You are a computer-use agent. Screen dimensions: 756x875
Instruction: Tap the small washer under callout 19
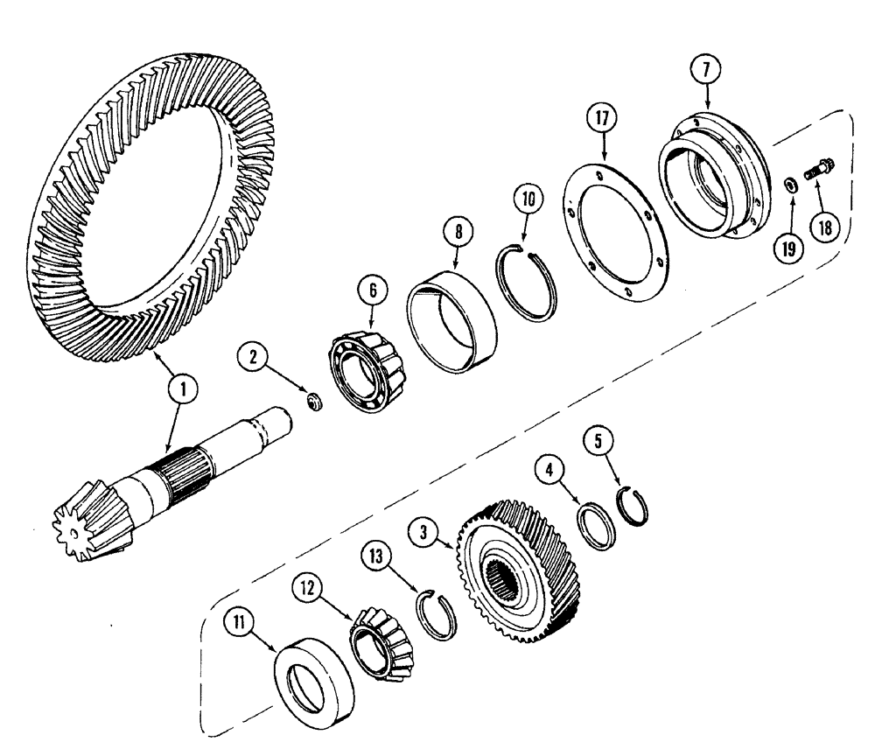[789, 184]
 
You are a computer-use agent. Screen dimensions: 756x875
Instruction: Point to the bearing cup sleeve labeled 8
[453, 325]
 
